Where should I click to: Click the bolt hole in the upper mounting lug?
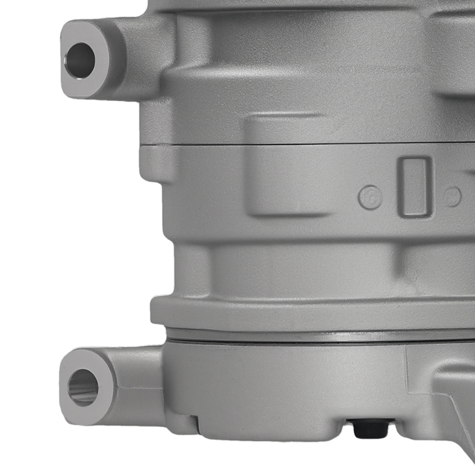coord(80,60)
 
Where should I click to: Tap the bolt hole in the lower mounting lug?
coord(83,387)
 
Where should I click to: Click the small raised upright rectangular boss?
coord(415,187)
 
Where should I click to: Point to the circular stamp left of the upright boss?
coord(370,198)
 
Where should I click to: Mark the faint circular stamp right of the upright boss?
coord(453,197)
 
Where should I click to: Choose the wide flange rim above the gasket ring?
coord(309,313)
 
